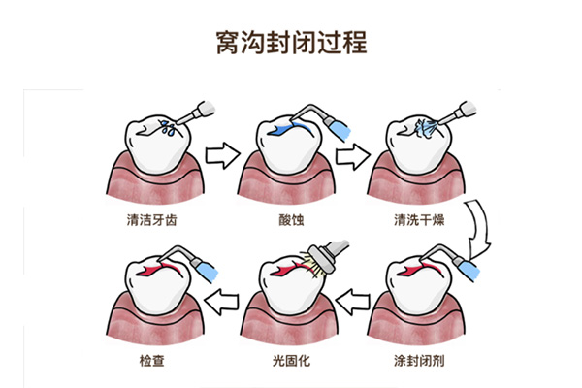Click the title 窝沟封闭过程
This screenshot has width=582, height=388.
tap(290, 44)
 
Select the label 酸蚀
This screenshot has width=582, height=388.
tap(288, 220)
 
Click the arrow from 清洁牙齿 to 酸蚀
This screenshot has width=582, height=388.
tap(223, 153)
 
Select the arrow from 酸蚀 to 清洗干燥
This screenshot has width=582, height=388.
tap(355, 153)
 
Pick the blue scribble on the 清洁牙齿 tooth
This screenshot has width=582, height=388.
tap(167, 124)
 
